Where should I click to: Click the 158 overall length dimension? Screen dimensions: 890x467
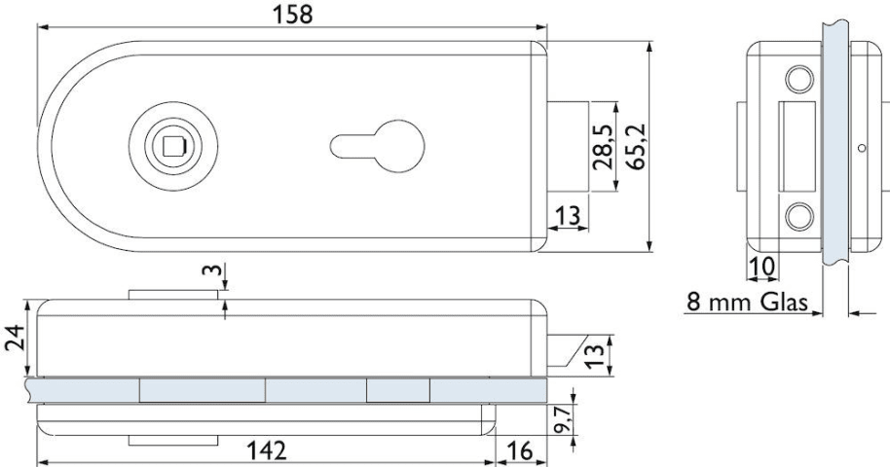293,15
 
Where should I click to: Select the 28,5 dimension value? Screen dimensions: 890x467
602,147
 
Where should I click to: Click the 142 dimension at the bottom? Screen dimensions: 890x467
267,451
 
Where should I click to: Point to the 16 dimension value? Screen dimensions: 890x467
519,451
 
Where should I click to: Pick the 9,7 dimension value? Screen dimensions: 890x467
563,419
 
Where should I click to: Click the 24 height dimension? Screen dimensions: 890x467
15,338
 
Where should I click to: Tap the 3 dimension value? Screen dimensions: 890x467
211,269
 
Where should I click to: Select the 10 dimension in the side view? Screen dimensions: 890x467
761,267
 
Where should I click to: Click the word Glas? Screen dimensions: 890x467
785,302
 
